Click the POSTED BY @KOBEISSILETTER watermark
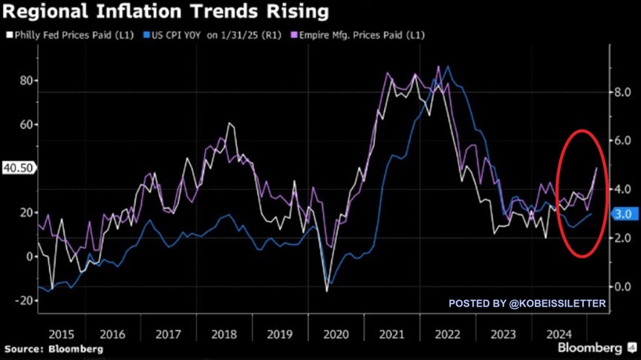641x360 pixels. coord(527,303)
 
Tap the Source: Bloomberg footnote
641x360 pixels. coord(53,348)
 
